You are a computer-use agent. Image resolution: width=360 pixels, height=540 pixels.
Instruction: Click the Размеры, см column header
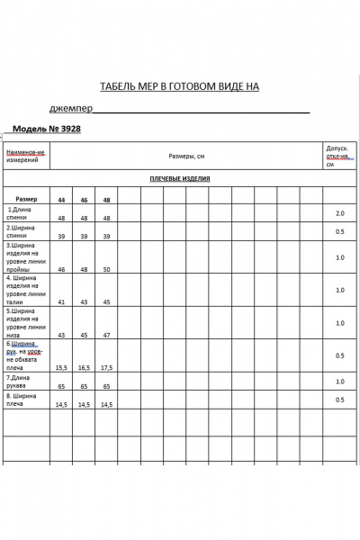(185, 155)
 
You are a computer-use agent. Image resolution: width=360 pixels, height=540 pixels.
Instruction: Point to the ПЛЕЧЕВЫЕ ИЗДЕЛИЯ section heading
(179, 178)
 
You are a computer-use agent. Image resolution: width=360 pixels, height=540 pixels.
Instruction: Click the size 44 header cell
(61, 200)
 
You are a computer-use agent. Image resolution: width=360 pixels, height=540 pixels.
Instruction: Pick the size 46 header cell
(84, 200)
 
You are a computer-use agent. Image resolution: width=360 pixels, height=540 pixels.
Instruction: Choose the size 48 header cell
(106, 200)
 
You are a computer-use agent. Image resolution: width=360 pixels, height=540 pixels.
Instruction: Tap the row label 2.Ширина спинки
(23, 231)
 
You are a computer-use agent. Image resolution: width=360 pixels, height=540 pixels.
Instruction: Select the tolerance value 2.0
(339, 214)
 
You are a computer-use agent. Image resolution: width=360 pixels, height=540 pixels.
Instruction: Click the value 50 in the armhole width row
(106, 269)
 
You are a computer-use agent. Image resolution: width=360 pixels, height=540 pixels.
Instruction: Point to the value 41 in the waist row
(61, 302)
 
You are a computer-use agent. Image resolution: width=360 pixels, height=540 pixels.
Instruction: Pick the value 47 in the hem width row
(106, 335)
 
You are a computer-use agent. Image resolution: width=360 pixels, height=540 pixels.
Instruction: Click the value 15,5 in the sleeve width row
(61, 368)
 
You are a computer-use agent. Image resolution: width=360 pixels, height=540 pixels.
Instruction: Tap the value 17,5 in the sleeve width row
(106, 368)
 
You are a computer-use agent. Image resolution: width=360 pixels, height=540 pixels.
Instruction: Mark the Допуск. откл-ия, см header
(337, 156)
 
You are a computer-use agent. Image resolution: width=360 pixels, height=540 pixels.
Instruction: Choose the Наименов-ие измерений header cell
(25, 156)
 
